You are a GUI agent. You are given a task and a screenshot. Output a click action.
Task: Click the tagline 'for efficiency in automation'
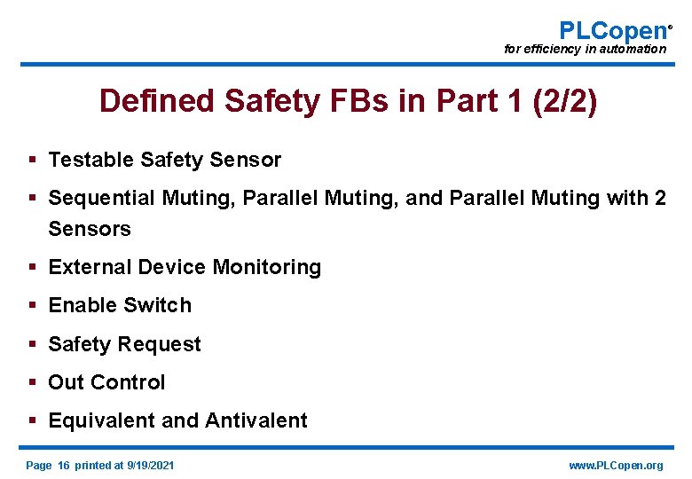click(585, 50)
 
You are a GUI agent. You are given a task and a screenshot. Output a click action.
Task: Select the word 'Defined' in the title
click(157, 101)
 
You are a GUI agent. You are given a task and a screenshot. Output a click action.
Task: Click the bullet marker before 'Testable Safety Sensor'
click(32, 160)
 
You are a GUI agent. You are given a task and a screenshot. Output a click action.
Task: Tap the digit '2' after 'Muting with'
click(659, 198)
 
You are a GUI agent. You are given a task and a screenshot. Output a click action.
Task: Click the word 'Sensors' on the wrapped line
click(90, 229)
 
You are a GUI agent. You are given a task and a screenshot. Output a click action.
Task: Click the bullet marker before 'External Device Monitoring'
click(32, 267)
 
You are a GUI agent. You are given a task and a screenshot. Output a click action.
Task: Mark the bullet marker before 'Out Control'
click(32, 382)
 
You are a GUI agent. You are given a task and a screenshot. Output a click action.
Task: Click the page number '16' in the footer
click(63, 466)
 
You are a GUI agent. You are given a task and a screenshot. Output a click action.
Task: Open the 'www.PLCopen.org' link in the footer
click(615, 466)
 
